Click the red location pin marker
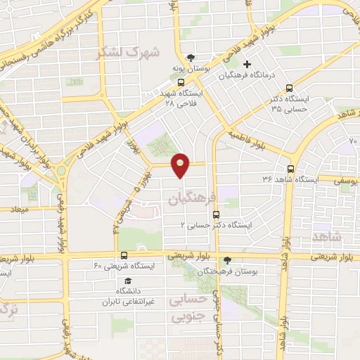181,165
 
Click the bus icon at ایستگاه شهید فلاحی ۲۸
181,81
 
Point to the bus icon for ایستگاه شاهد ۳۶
291,169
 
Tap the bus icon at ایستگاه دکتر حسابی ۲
215,214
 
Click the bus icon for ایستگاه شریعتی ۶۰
124,255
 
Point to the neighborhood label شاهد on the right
325,237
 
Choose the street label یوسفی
334,181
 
